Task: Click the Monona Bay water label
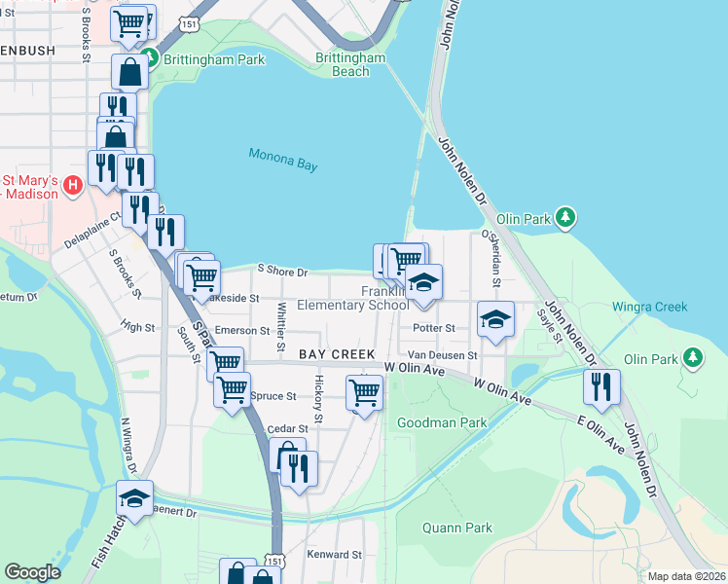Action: click(282, 160)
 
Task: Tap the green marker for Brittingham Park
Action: click(149, 58)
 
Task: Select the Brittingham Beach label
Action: click(351, 64)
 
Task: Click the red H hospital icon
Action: click(73, 185)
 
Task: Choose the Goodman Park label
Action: click(442, 422)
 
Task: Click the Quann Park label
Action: click(456, 529)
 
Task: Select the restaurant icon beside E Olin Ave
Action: click(601, 385)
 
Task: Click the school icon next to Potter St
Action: click(494, 318)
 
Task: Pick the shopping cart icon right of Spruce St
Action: click(364, 392)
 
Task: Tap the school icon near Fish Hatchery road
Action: click(134, 497)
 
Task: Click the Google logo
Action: click(33, 571)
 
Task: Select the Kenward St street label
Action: click(334, 555)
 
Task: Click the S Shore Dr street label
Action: click(282, 272)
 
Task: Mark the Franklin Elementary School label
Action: click(352, 299)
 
